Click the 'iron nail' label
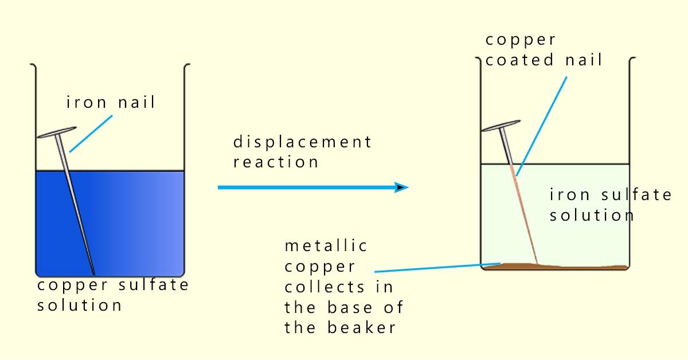tap(111, 104)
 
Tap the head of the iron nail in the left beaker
tap(57, 133)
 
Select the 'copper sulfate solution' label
tap(113, 295)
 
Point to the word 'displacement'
tap(302, 142)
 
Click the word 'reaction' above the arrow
tap(276, 162)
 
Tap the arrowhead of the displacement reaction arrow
tap(402, 187)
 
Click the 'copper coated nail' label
tap(544, 50)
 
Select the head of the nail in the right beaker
tap(501, 126)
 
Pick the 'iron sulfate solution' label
tap(611, 205)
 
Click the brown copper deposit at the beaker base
tap(562, 266)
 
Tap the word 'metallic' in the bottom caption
tap(326, 246)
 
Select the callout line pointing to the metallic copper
tap(430, 268)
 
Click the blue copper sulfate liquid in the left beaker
tap(132, 224)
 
